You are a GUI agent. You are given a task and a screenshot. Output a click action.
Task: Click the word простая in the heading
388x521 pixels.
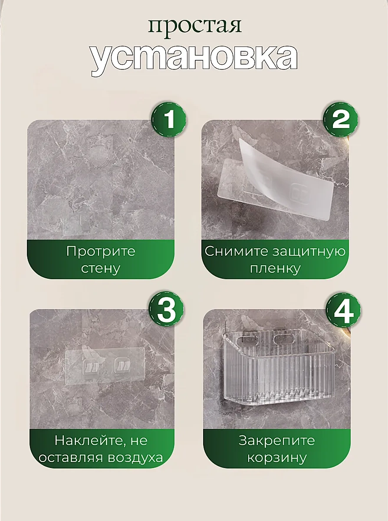pos(194,26)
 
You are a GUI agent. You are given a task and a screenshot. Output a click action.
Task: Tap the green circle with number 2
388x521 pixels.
pos(341,119)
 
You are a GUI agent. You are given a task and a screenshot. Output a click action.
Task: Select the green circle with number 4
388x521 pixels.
pos(343,310)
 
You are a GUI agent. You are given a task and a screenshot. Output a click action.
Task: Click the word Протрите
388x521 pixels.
pos(101,251)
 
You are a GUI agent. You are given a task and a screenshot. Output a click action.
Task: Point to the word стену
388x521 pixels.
pos(101,268)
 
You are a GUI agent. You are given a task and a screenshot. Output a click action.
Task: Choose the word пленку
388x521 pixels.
pos(275,268)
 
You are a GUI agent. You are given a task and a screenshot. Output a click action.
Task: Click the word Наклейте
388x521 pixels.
pos(88,441)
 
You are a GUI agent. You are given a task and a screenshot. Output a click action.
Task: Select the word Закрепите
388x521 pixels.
pos(276,441)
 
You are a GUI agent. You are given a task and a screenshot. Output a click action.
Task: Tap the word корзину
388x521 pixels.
pos(276,458)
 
